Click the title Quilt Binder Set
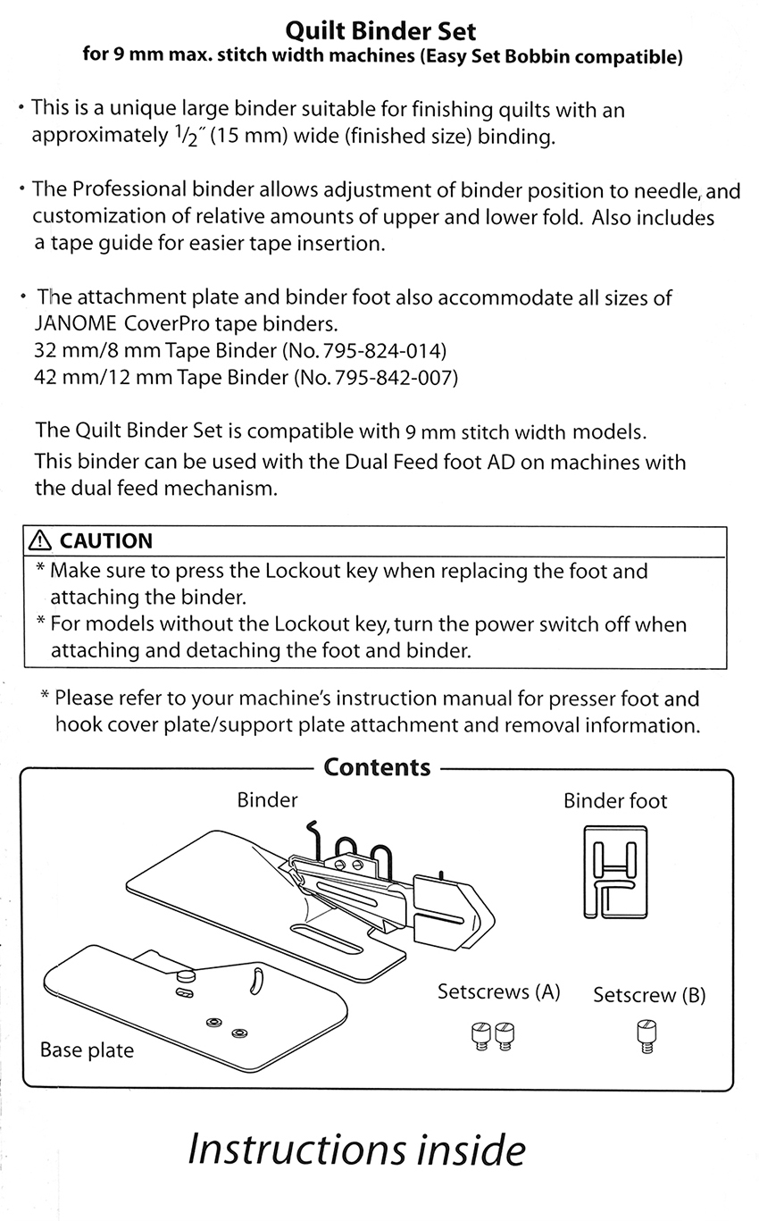coord(379,32)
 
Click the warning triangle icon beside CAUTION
coord(41,540)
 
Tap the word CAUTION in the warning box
coord(105,540)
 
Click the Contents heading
coord(377,767)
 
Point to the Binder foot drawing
coord(614,871)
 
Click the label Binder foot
coord(614,800)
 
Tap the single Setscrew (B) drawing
coord(642,1037)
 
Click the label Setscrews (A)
coord(498,991)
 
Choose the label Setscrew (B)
coord(649,995)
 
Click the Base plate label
coord(87,1050)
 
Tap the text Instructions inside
coord(356,1150)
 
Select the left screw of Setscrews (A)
coord(480,1036)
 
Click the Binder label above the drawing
coord(267,799)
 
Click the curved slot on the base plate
coord(255,979)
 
